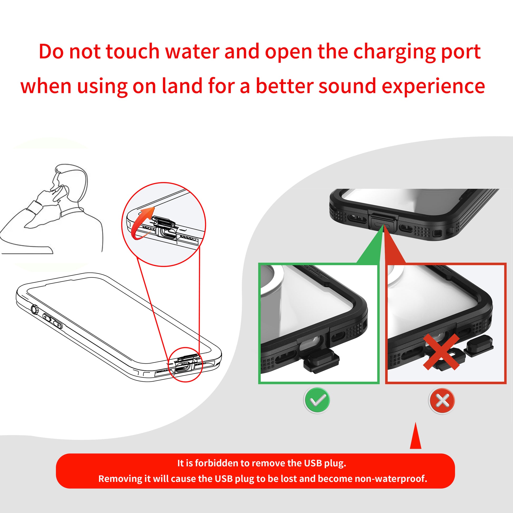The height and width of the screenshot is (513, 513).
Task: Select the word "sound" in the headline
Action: coord(347,86)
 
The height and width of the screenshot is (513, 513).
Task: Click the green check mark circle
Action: coord(317,400)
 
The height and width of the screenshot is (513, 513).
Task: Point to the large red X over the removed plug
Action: coord(441,352)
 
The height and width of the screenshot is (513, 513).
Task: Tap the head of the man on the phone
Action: coord(70,181)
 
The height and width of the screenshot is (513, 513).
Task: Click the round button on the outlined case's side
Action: coord(35,309)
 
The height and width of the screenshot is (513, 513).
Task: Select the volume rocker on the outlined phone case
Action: coord(52,321)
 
